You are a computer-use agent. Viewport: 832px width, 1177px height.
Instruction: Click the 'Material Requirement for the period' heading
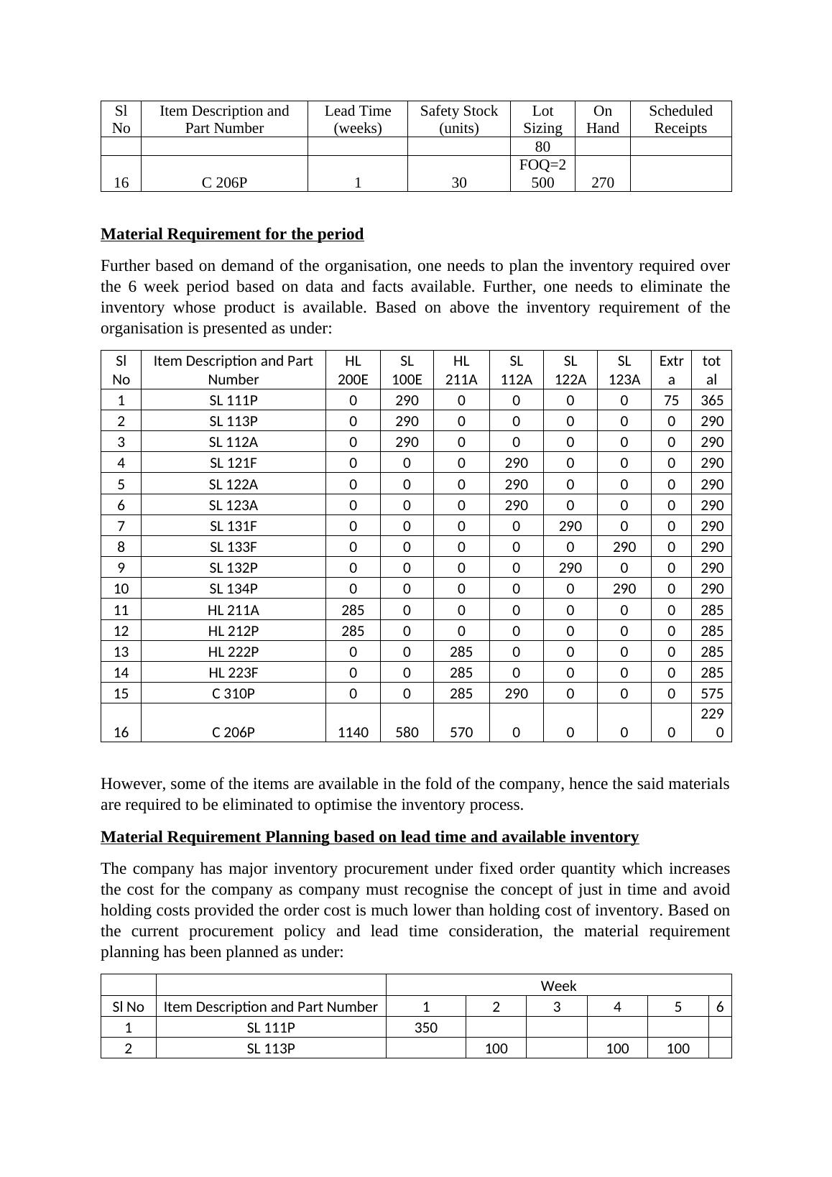(232, 234)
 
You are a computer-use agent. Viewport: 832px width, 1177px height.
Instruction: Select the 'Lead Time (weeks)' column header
(358, 119)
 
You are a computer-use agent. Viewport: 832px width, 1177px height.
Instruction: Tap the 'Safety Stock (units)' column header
(458, 119)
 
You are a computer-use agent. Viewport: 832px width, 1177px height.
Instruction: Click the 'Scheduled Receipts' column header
(680, 119)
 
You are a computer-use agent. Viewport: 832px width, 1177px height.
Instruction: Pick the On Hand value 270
(602, 183)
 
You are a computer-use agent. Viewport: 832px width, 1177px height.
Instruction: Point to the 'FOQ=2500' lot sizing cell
(542, 174)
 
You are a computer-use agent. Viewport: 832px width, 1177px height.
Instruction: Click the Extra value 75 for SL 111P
(671, 400)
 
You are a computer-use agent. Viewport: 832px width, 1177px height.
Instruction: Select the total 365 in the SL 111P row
(711, 400)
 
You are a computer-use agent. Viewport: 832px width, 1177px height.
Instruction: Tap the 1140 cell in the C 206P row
(353, 732)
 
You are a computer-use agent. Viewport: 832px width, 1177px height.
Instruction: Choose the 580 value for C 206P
(407, 732)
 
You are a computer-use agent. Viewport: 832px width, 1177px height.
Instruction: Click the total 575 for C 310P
(711, 693)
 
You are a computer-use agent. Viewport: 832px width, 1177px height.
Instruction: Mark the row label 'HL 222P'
(234, 652)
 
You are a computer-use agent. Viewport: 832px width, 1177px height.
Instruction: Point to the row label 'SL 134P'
(234, 588)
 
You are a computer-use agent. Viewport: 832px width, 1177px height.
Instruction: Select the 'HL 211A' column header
(461, 370)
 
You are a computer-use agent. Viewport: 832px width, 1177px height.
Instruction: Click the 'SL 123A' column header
(624, 370)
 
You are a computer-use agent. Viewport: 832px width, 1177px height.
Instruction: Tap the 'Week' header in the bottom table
(558, 986)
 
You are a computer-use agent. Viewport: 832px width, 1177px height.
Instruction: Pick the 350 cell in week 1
(426, 1028)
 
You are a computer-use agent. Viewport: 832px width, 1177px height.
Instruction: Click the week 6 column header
(720, 1007)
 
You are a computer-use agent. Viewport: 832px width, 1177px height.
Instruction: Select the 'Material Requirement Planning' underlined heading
(369, 837)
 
